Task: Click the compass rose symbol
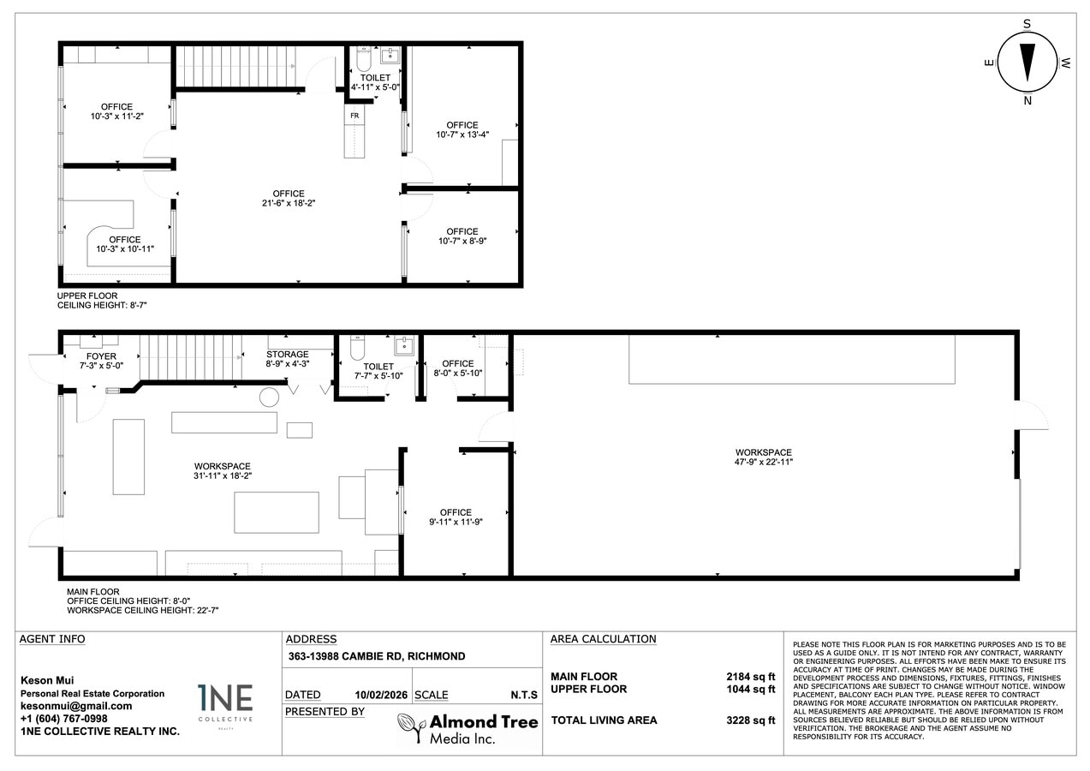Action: click(x=1027, y=63)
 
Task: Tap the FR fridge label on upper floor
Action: click(x=354, y=114)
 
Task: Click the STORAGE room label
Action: click(x=287, y=355)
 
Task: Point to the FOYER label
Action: click(x=101, y=356)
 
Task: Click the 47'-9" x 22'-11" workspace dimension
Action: click(x=763, y=463)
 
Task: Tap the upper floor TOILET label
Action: click(x=375, y=78)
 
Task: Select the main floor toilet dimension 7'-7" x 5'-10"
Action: click(x=378, y=376)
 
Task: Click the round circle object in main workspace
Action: click(x=270, y=397)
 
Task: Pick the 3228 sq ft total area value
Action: click(x=750, y=720)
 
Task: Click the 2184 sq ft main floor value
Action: click(x=750, y=677)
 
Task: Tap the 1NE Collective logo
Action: click(x=225, y=704)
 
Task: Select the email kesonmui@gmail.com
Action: click(x=76, y=706)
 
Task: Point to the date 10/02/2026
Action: click(x=380, y=695)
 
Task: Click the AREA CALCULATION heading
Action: click(x=603, y=639)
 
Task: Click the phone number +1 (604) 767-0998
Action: click(x=64, y=718)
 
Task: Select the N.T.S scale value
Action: click(x=523, y=695)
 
